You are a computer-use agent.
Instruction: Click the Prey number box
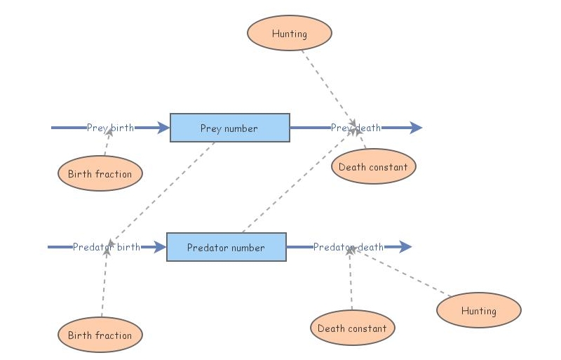tap(229, 128)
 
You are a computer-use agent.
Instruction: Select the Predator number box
tap(226, 247)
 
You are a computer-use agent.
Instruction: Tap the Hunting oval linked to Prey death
tap(289, 33)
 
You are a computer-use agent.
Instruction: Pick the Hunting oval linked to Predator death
tap(478, 310)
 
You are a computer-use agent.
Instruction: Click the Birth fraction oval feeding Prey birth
tap(100, 173)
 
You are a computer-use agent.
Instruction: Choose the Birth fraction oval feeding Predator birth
tap(100, 335)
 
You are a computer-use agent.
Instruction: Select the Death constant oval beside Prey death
tap(373, 167)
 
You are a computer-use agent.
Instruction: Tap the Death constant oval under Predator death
tap(352, 328)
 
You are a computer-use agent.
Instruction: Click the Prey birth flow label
tap(110, 128)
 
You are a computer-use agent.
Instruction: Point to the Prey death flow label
tap(356, 128)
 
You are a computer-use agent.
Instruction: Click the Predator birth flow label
tap(106, 247)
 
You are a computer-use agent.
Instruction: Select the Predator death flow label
tap(348, 247)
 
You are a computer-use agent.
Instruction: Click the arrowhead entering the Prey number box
tap(163, 128)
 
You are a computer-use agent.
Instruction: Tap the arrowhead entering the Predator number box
tap(160, 247)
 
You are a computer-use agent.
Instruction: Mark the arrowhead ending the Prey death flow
tap(416, 128)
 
